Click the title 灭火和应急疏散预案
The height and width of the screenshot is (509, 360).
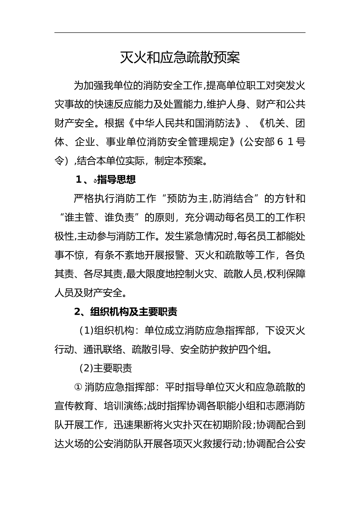click(180, 58)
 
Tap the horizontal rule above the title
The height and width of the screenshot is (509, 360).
click(180, 33)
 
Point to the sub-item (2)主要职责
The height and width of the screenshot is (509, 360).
click(105, 368)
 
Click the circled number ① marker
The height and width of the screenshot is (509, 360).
click(78, 387)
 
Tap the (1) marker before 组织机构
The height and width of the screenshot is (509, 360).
click(86, 331)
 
